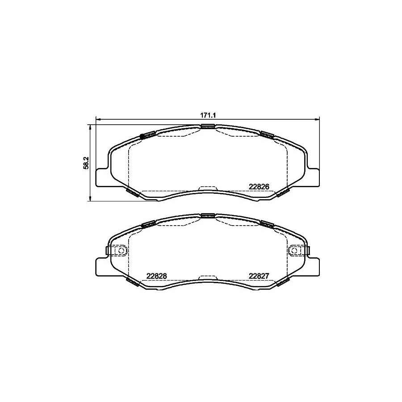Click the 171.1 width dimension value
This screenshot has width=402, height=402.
pos(208,115)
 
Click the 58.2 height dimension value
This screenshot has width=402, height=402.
pos(86,163)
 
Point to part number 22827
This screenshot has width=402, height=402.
pos(258,276)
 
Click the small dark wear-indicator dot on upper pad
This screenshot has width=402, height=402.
pos(142,136)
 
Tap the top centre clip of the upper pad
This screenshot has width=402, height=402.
pos(208,126)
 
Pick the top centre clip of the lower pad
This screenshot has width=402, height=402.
pos(208,215)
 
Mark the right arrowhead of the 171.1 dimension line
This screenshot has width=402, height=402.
pos(318,119)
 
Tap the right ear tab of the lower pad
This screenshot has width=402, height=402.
pos(314,266)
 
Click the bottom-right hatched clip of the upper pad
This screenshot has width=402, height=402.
pos(283,192)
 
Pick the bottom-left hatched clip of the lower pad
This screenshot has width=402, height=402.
pos(133,281)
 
